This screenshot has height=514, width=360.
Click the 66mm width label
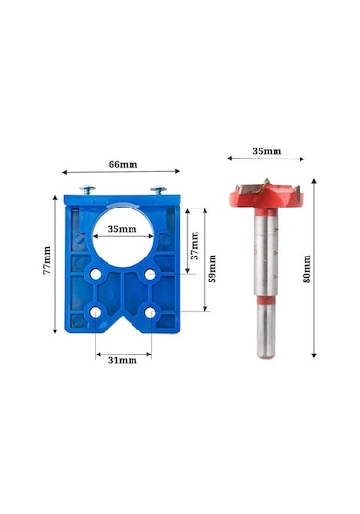123,164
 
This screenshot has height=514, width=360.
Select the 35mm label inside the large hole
123,229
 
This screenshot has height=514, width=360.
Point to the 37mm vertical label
195,246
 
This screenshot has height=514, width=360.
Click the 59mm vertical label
212,269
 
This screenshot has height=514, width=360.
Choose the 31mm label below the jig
123,360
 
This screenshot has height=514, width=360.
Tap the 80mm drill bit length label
307,269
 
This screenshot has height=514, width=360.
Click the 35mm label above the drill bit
267,151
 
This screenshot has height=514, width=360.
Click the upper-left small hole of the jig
96,274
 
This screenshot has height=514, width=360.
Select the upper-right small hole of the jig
150,274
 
